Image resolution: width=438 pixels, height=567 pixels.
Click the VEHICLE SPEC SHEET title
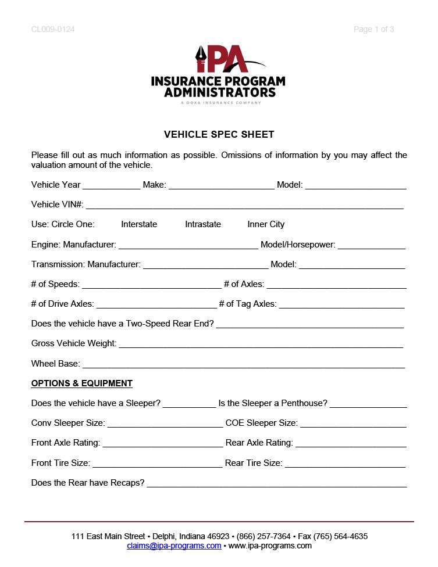click(219, 134)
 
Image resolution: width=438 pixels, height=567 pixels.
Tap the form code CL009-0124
click(53, 29)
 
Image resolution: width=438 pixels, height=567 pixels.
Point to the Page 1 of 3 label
click(373, 29)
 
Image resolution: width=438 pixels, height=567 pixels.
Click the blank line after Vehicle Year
click(111, 186)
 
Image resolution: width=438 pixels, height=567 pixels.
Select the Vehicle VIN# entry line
click(244, 206)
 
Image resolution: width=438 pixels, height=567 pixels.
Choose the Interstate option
click(139, 224)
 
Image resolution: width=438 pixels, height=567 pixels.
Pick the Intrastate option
click(203, 224)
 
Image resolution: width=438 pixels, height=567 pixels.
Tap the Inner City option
click(266, 224)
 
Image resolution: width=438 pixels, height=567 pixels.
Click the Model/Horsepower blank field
click(371, 246)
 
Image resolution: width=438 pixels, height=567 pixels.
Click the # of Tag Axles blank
click(341, 306)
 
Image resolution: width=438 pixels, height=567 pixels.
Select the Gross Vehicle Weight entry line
click(261, 345)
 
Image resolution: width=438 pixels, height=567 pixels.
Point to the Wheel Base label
click(55, 364)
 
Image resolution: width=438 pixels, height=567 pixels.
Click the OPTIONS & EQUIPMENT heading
click(81, 383)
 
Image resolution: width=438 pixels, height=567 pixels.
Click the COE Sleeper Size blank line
click(352, 425)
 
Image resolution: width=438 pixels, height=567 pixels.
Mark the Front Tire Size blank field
click(157, 465)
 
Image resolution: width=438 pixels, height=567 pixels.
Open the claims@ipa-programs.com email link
click(174, 546)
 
